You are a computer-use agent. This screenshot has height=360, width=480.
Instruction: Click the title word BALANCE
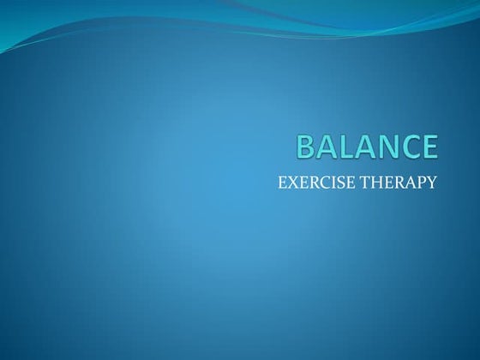pyautogui.click(x=367, y=147)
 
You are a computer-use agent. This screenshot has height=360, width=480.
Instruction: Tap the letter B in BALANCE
pyautogui.click(x=306, y=147)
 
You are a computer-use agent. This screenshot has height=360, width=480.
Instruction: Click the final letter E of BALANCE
pyautogui.click(x=429, y=147)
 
